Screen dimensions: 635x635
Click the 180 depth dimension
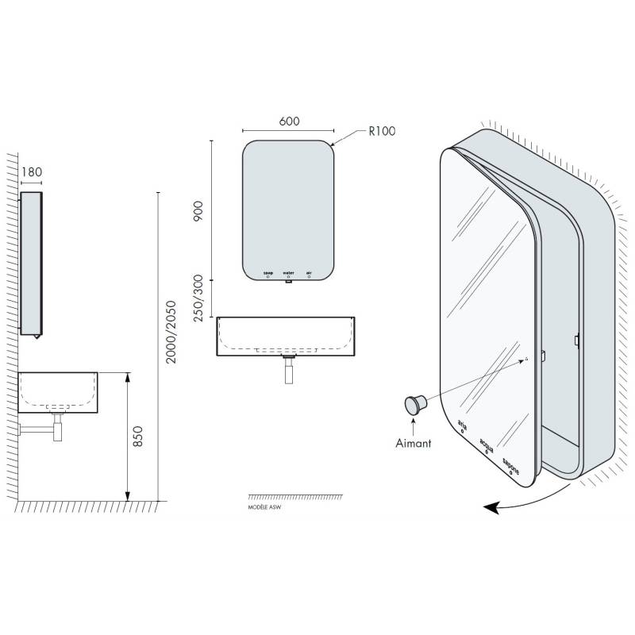(32, 171)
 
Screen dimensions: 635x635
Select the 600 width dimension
(289, 121)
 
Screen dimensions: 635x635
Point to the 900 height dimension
(198, 214)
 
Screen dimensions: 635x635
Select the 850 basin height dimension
(137, 437)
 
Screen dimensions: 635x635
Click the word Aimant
(414, 443)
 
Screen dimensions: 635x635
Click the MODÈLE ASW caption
(265, 504)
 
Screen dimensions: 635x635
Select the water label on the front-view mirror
(288, 272)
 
